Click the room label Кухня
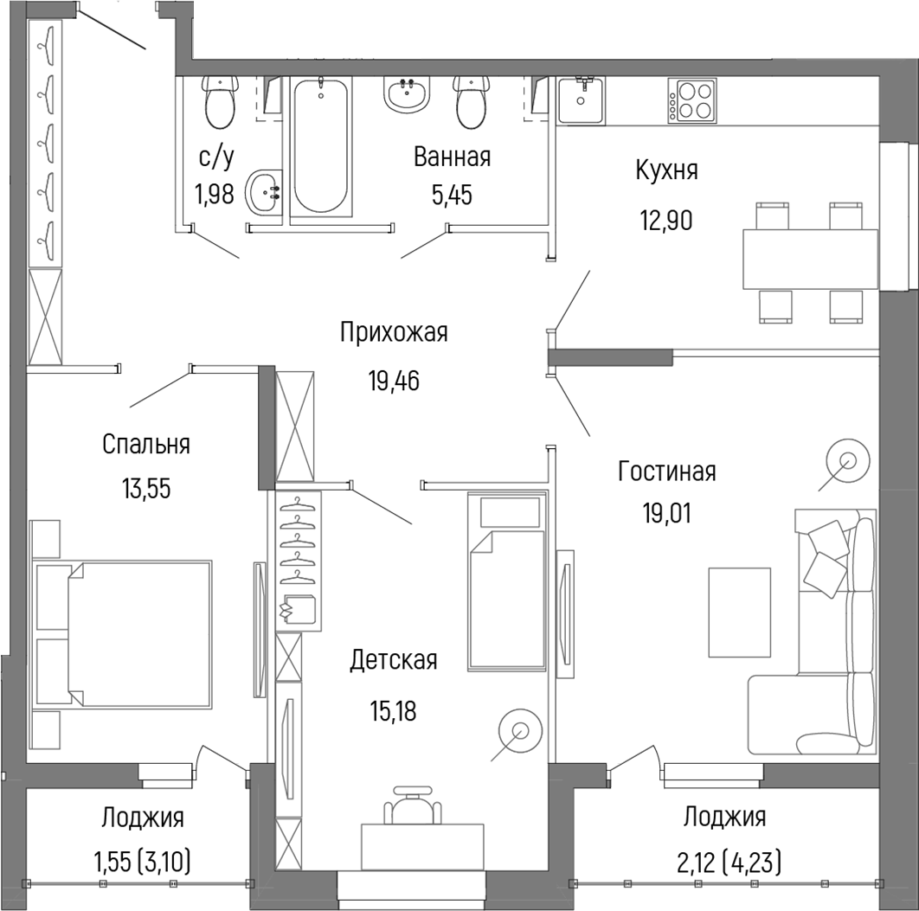click(x=666, y=170)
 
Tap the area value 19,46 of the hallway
click(x=394, y=382)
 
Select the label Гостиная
click(x=667, y=471)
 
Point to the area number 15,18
click(x=393, y=711)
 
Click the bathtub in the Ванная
click(x=320, y=145)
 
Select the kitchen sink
click(x=581, y=100)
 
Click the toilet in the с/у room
click(x=220, y=102)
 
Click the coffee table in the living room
click(x=739, y=612)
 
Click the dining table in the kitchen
click(x=810, y=259)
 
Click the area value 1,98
click(x=215, y=193)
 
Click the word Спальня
click(x=146, y=445)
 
